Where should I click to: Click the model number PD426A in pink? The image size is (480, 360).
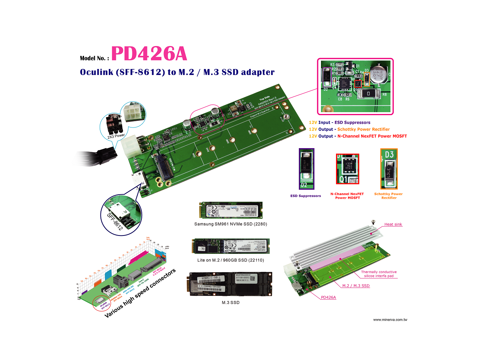point(149,54)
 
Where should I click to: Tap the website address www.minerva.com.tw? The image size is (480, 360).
point(390,320)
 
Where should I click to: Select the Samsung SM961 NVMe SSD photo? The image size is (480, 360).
point(231,210)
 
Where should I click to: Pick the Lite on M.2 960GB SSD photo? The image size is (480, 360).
point(231,246)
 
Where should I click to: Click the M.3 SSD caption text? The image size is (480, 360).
point(230,303)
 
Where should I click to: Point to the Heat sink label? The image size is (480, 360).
point(393,224)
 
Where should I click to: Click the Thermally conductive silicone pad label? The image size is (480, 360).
point(379,274)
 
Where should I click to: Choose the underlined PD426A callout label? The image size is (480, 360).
point(328,297)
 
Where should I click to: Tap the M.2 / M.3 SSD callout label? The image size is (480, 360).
point(356,286)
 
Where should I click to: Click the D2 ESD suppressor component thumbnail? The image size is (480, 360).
point(306,168)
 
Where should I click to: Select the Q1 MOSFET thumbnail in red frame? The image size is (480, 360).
point(348,169)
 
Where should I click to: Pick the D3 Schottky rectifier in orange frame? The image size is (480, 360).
point(389,169)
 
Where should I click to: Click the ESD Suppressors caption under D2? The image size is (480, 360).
point(306,196)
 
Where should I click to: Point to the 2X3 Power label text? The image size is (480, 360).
point(116,136)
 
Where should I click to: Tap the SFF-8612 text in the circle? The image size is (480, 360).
point(115,221)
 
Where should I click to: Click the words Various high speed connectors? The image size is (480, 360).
point(140,293)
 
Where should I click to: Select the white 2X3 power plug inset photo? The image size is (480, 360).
point(133,112)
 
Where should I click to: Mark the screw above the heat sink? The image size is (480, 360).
point(373,222)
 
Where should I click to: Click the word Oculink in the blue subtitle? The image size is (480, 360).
point(96,72)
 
